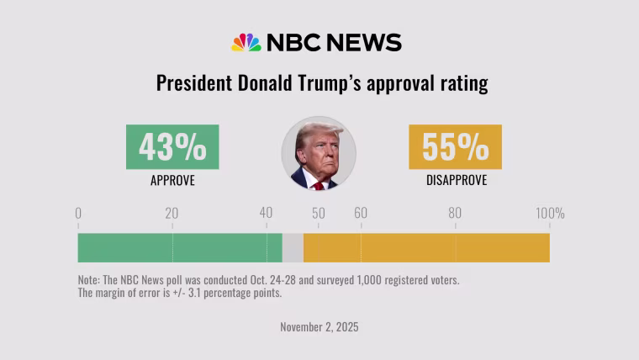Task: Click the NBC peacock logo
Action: point(246,42)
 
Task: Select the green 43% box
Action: point(172,146)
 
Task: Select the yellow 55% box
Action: point(455,146)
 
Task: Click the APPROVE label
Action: point(173,180)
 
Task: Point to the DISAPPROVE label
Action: point(457,180)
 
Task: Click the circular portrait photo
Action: point(319,153)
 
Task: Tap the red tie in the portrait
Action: point(319,186)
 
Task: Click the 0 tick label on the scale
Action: point(78,214)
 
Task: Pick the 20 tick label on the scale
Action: point(172,214)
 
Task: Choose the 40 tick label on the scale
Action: point(266,213)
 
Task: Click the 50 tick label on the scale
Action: point(319,214)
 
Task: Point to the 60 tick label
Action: point(361,213)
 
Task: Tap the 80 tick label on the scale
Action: point(455,213)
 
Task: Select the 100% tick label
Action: point(550,214)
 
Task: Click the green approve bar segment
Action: point(180,248)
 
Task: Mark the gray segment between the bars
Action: point(293,248)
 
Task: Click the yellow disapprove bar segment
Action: point(426,248)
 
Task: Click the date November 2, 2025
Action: point(319,327)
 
